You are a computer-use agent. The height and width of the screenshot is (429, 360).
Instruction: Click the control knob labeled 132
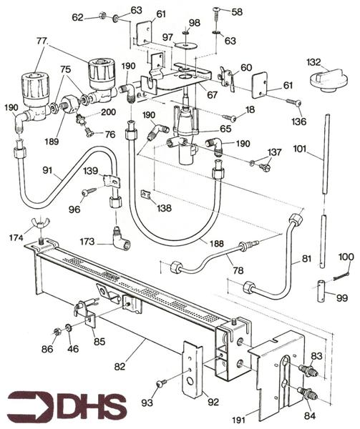321,77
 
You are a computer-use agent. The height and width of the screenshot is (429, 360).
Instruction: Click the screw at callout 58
217,13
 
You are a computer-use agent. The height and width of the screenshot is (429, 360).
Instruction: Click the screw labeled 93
162,383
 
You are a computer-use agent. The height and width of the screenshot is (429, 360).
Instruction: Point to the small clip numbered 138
146,195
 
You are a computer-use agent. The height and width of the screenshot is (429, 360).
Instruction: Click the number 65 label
227,129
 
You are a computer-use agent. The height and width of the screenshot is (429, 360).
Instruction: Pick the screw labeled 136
294,102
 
